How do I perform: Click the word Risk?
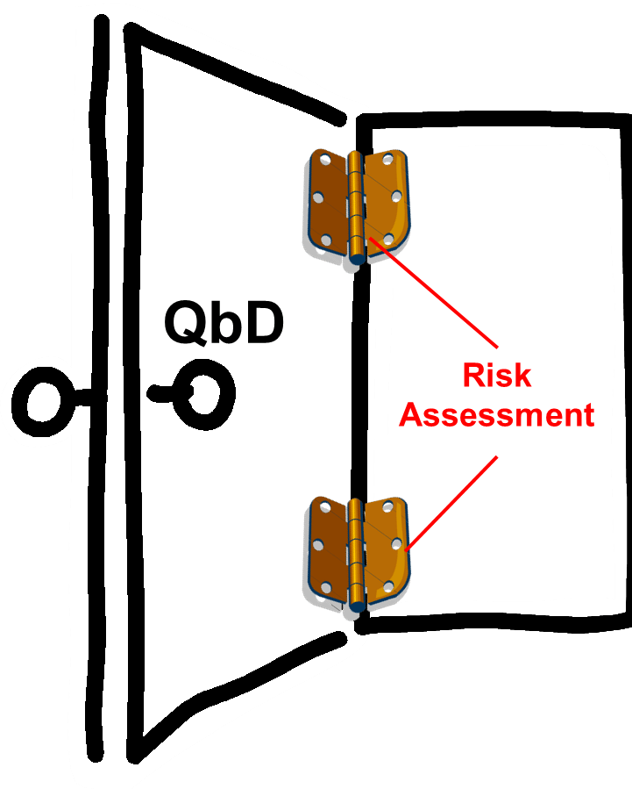497,376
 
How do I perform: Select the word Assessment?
497,413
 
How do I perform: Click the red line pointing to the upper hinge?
438,290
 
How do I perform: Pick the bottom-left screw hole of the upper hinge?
325,238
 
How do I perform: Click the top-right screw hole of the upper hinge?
388,160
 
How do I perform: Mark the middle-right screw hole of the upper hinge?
396,197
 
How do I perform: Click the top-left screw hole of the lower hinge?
324,508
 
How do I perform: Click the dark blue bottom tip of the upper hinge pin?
356,258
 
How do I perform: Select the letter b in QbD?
224,323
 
